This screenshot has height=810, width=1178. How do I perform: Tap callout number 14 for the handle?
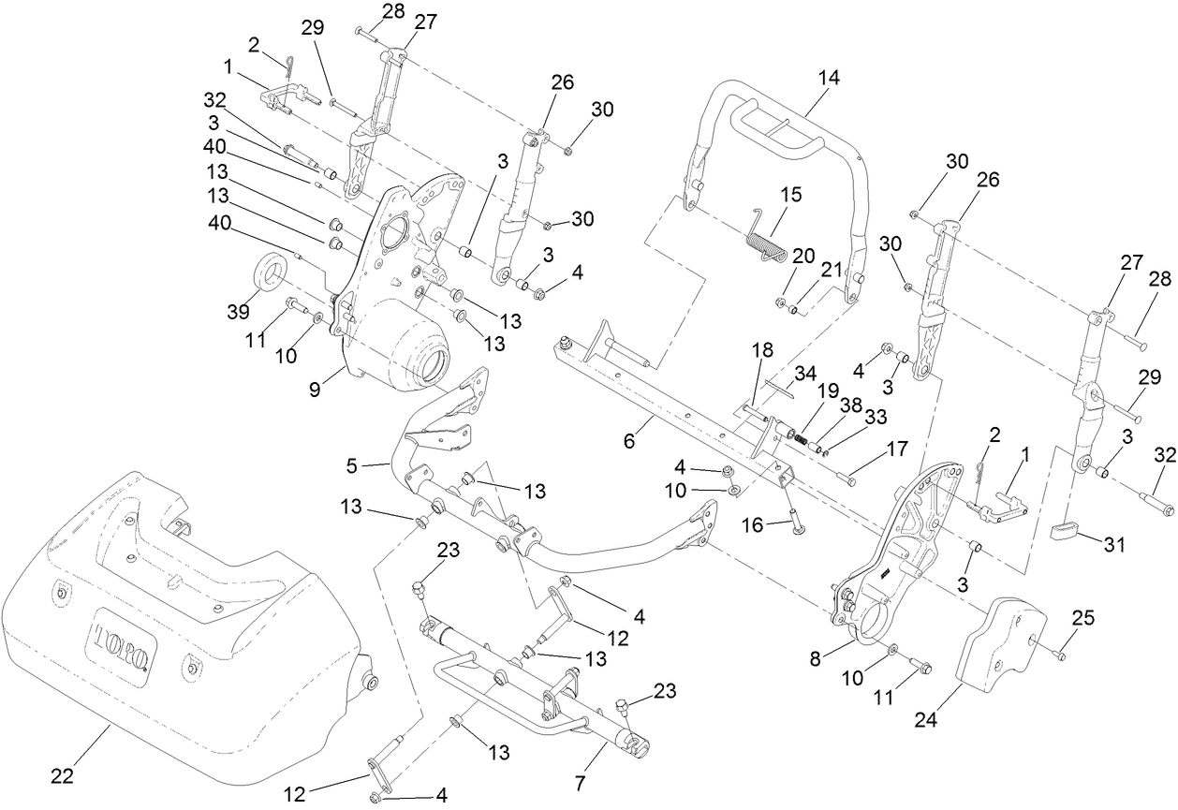[x=828, y=79]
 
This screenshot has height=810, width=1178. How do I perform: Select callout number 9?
[x=314, y=387]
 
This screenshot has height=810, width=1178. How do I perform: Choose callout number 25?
[x=1082, y=619]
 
